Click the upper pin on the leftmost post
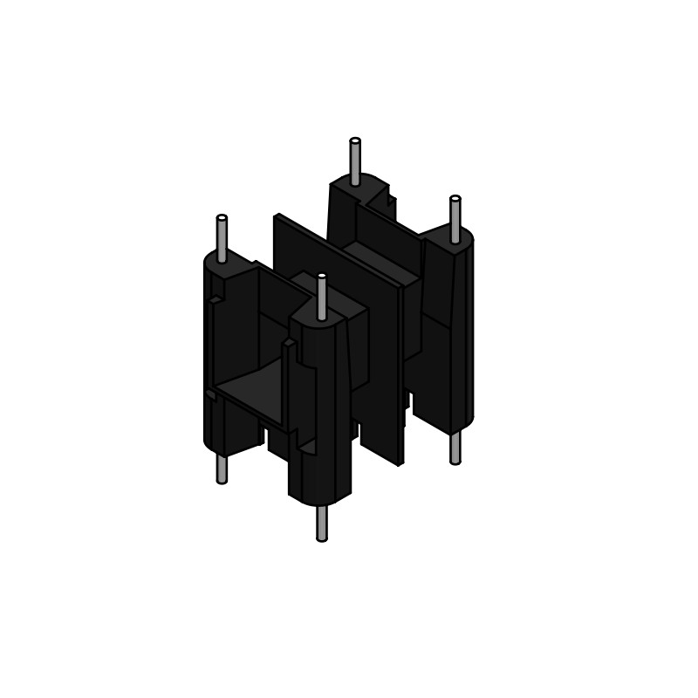pyautogui.click(x=222, y=240)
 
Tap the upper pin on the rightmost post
pyautogui.click(x=455, y=221)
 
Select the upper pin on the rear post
pyautogui.click(x=355, y=163)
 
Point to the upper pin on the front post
pyautogui.click(x=322, y=298)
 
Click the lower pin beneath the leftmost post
pyautogui.click(x=222, y=469)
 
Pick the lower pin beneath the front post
pyautogui.click(x=322, y=523)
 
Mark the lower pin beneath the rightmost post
pyautogui.click(x=455, y=448)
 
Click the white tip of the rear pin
pyautogui.click(x=355, y=140)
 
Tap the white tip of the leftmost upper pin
pyautogui.click(x=222, y=217)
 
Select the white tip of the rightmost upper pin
pyautogui.click(x=455, y=199)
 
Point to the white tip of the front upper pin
pyautogui.click(x=322, y=276)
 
